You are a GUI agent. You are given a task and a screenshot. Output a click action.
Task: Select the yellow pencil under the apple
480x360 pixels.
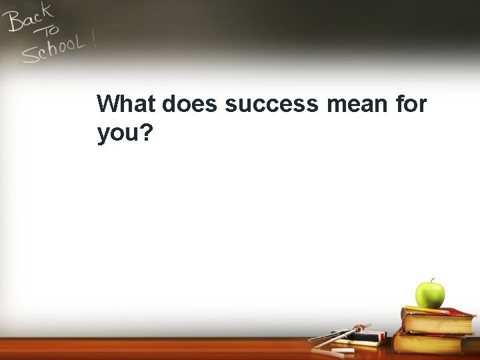427,309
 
